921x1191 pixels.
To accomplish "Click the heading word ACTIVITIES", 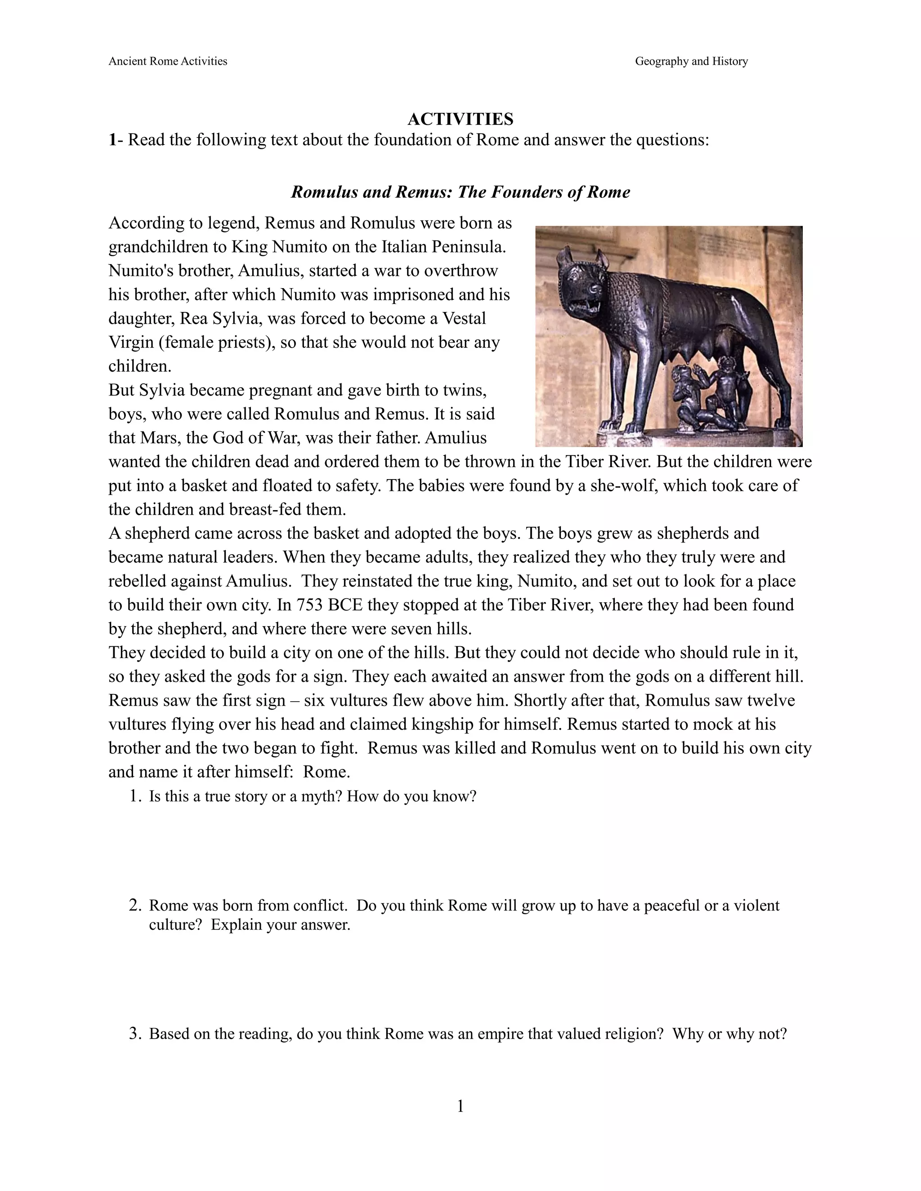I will pos(460,119).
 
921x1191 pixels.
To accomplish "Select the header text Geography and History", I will pos(691,61).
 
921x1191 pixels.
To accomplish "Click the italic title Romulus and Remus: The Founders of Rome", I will pos(460,192).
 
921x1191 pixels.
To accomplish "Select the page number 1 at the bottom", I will pos(460,1107).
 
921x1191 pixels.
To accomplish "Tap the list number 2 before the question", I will pos(135,906).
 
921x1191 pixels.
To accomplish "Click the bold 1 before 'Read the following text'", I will pos(112,140).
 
